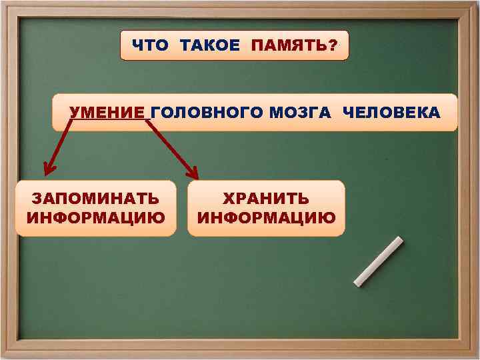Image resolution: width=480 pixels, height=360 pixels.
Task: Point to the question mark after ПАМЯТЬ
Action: point(333,45)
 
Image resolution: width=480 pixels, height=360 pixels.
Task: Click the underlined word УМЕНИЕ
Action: point(107,113)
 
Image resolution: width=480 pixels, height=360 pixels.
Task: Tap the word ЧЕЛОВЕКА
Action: point(391,113)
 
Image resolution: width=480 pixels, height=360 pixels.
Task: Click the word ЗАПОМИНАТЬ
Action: point(96,199)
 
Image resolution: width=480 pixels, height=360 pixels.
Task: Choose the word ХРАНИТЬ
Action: point(266,199)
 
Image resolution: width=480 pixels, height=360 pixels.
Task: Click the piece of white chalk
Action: point(378,261)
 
